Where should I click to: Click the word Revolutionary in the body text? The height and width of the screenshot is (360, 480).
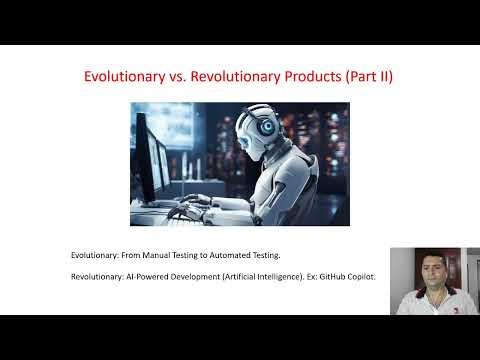coord(97,277)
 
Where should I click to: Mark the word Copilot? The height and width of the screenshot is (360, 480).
coord(357,277)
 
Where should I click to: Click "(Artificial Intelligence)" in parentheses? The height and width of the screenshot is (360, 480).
coord(257,277)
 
